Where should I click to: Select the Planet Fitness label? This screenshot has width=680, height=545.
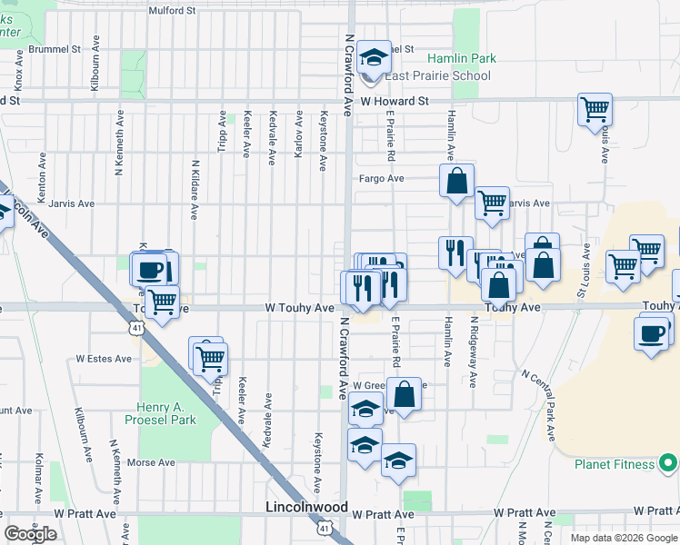point(615,464)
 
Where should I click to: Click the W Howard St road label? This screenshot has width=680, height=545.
point(395,102)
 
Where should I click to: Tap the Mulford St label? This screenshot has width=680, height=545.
point(173,11)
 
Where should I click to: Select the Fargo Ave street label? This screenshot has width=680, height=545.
point(381,179)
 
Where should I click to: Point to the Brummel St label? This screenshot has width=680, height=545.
point(55,49)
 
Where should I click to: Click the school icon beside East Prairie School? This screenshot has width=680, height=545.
point(372,61)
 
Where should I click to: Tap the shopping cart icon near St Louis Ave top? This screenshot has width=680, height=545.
point(595,110)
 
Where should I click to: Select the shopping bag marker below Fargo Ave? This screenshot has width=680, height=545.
point(456,181)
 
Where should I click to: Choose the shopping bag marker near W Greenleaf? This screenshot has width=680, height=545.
point(405,395)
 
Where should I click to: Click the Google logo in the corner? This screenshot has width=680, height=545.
point(30,534)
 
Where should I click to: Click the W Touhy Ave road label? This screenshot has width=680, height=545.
point(299,309)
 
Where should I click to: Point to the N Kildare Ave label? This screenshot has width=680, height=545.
point(195,190)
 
